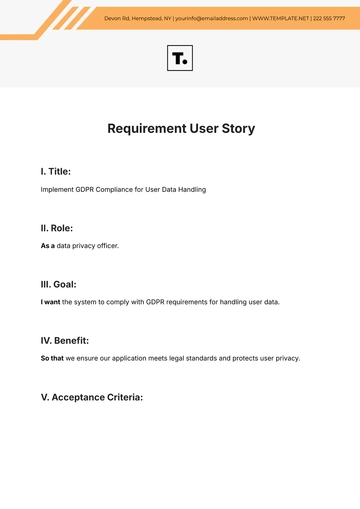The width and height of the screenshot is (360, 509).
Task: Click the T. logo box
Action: [x=180, y=59]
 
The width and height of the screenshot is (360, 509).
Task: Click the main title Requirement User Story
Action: [x=180, y=129]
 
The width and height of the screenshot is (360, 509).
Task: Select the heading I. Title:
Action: [x=55, y=172]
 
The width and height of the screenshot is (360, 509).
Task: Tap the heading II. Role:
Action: [x=56, y=228]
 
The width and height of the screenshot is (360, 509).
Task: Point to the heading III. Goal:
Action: [x=59, y=284]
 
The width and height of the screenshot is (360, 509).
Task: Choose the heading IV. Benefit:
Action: [x=65, y=340]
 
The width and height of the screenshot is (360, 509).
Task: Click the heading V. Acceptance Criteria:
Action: [x=92, y=397]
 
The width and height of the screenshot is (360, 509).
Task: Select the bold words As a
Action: [x=47, y=246]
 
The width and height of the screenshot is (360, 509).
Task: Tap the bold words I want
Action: [x=50, y=302]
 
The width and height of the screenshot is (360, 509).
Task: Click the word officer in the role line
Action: [x=106, y=246]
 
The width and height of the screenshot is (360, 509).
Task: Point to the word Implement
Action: [x=56, y=189]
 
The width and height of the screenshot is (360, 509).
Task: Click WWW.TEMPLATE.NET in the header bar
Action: [x=280, y=19]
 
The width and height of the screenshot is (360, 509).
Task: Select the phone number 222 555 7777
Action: [x=331, y=19]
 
